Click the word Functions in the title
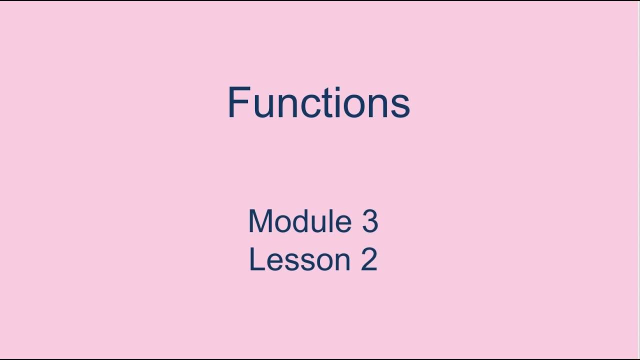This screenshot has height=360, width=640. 318,103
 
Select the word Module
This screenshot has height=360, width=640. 300,221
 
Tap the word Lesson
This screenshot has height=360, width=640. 300,259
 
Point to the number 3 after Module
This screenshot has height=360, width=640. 370,221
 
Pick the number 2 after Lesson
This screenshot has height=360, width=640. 369,259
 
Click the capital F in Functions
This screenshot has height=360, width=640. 238,103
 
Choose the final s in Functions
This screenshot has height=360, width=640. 400,106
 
